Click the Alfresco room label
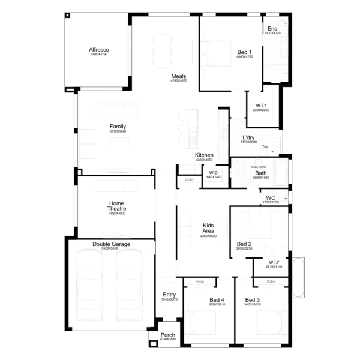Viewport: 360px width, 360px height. pos(98,49)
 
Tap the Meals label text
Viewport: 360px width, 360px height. pos(178,76)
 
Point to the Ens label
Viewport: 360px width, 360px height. pos(272,28)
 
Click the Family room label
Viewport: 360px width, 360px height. pos(118,126)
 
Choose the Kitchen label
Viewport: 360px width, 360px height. pos(204,155)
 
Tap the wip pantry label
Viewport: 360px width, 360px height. pos(213,172)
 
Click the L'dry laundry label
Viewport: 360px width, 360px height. pos(249,137)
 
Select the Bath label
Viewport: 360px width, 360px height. pos(260,173)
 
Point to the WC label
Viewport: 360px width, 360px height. pos(271,197)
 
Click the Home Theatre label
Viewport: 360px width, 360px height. pos(116,206)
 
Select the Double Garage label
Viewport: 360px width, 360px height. pos(111,244)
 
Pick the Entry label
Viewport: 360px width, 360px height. pos(170,294)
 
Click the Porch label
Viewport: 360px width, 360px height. pos(168,335)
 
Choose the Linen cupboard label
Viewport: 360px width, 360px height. pos(189,179)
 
